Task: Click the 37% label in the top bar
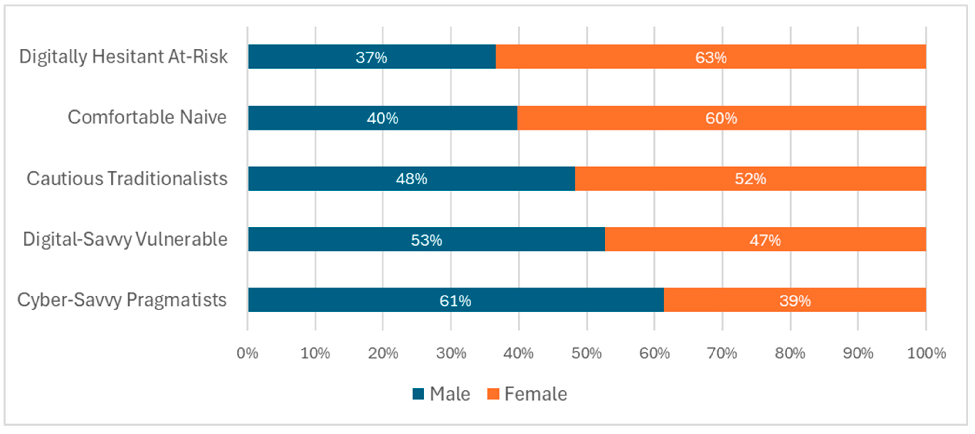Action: pos(371,57)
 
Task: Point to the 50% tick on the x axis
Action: pos(587,353)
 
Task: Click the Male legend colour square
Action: pos(418,394)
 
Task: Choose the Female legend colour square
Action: pos(493,394)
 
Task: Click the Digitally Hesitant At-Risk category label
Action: pos(123,57)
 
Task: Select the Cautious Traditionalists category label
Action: pos(127,178)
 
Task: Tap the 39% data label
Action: pos(795,301)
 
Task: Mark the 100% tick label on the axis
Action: pos(926,353)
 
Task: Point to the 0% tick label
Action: pos(248,353)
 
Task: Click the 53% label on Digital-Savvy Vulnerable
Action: pos(427,240)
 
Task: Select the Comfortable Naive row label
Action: pos(147,117)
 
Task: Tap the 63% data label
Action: pos(711,57)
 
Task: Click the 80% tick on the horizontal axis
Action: pos(790,353)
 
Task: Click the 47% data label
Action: pos(765,240)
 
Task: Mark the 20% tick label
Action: pos(383,353)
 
